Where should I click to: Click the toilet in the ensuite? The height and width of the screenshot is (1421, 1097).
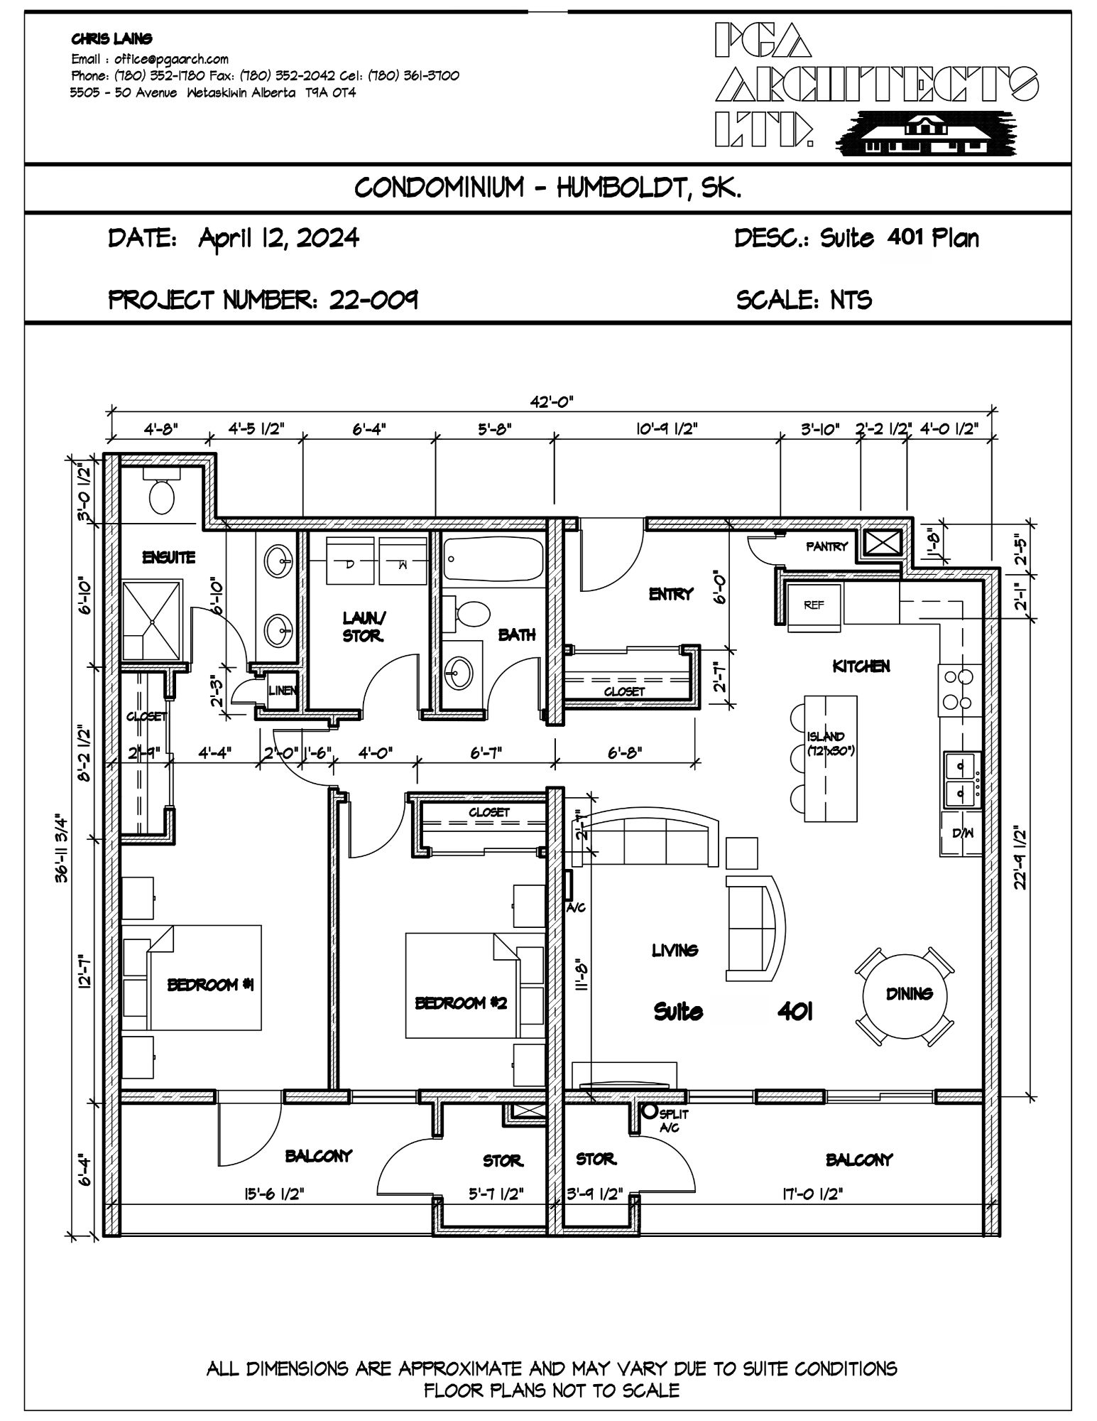tap(162, 495)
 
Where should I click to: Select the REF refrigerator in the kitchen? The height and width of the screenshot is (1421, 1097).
tap(814, 605)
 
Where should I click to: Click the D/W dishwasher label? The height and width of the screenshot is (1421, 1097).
tap(962, 833)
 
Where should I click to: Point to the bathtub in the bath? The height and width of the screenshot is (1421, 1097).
tap(493, 558)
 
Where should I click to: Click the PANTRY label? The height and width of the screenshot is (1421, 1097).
tap(826, 546)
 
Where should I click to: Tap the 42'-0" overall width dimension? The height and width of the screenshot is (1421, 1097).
tap(551, 401)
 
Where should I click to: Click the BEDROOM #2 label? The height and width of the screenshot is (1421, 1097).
tap(461, 1003)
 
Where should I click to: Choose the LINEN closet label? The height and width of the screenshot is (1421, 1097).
tap(283, 690)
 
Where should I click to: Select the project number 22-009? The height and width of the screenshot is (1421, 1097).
tap(373, 300)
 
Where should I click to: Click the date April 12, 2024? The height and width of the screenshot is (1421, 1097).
tap(278, 237)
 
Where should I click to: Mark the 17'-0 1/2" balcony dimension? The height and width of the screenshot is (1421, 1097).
tap(812, 1194)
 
